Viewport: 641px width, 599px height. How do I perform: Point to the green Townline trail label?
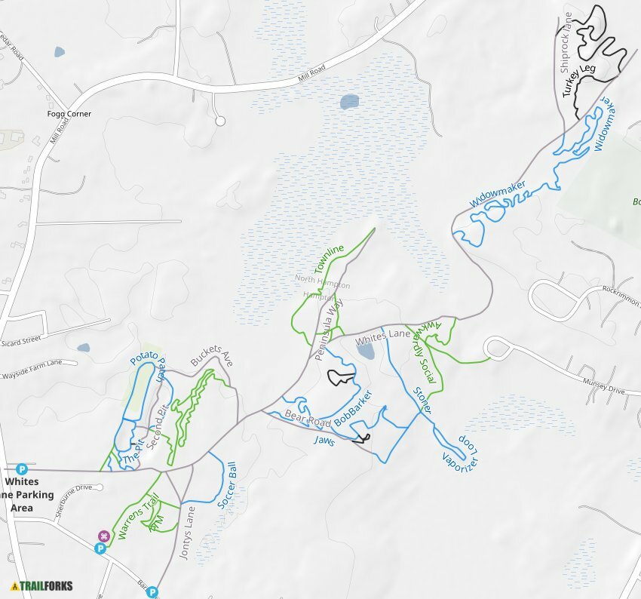coord(330,259)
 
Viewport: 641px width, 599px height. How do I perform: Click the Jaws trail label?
coord(324,435)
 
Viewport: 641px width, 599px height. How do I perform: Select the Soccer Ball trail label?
coord(228,487)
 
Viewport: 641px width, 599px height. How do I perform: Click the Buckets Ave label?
coord(212,355)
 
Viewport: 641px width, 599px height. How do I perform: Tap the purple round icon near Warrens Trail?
coord(104,536)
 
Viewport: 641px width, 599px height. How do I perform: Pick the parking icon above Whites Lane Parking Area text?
coord(21,468)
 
